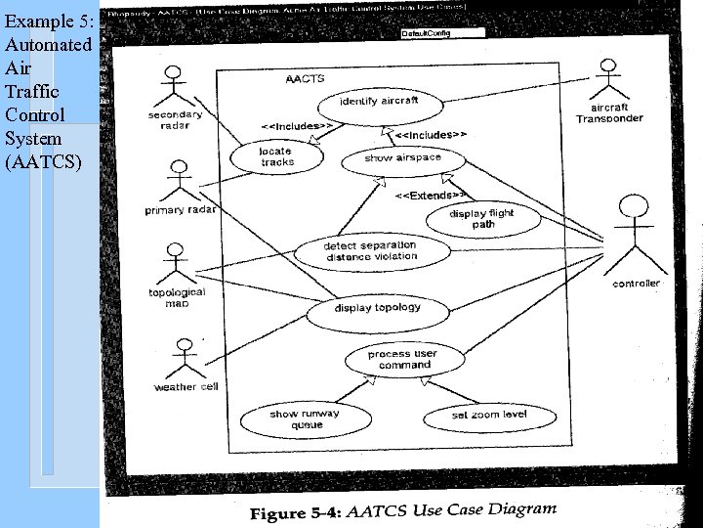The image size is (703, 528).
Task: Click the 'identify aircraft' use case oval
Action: click(x=379, y=102)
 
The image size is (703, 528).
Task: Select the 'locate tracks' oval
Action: click(x=276, y=156)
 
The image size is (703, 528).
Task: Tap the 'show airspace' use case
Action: click(x=402, y=158)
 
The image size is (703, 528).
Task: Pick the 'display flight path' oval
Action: click(x=482, y=219)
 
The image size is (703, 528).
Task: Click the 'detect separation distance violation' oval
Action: click(x=371, y=251)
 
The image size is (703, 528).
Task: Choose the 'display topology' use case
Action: click(x=378, y=308)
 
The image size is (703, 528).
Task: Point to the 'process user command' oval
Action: click(x=403, y=359)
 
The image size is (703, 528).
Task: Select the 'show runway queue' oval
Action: click(x=304, y=418)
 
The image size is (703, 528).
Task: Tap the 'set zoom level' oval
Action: click(x=488, y=416)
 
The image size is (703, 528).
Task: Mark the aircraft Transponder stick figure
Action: click(x=608, y=78)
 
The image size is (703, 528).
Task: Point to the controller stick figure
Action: click(x=635, y=235)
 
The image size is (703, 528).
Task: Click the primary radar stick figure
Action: click(x=178, y=181)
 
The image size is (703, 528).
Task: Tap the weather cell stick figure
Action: click(x=185, y=357)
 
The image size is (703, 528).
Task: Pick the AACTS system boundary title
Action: click(x=306, y=78)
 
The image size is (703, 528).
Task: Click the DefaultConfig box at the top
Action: click(x=442, y=33)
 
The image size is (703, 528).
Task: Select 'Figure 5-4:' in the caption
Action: click(x=294, y=512)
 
